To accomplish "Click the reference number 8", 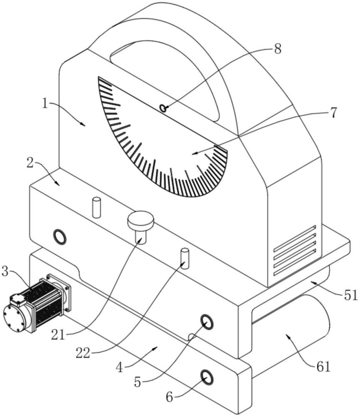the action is click(x=277, y=49).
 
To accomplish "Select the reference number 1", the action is click(x=46, y=104).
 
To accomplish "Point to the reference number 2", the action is click(x=30, y=163).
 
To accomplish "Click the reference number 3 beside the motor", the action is click(x=5, y=271).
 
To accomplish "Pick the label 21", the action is click(x=58, y=335).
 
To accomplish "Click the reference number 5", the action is click(x=137, y=382).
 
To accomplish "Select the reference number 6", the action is click(x=170, y=397).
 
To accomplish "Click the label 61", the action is click(x=323, y=367).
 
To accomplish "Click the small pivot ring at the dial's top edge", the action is click(x=163, y=108).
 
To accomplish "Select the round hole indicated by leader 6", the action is click(x=207, y=377).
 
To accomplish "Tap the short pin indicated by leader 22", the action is click(x=185, y=259).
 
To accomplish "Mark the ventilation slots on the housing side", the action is click(x=295, y=250).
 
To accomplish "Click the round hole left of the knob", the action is click(x=60, y=236).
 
